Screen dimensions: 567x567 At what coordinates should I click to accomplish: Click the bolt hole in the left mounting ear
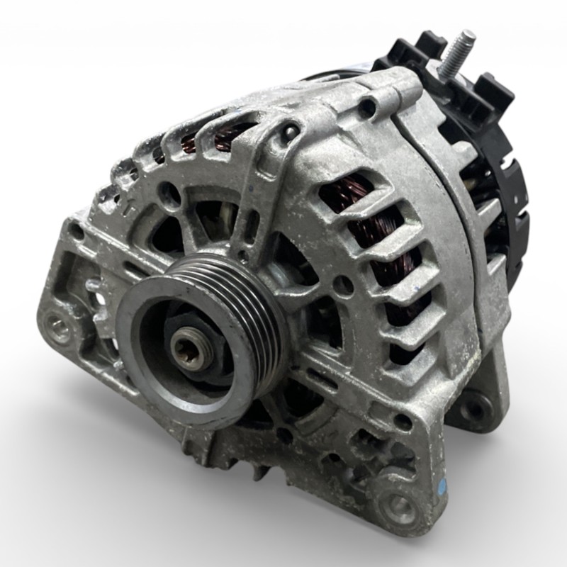(59, 327)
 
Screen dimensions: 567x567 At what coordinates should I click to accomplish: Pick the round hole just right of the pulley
(343, 285)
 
